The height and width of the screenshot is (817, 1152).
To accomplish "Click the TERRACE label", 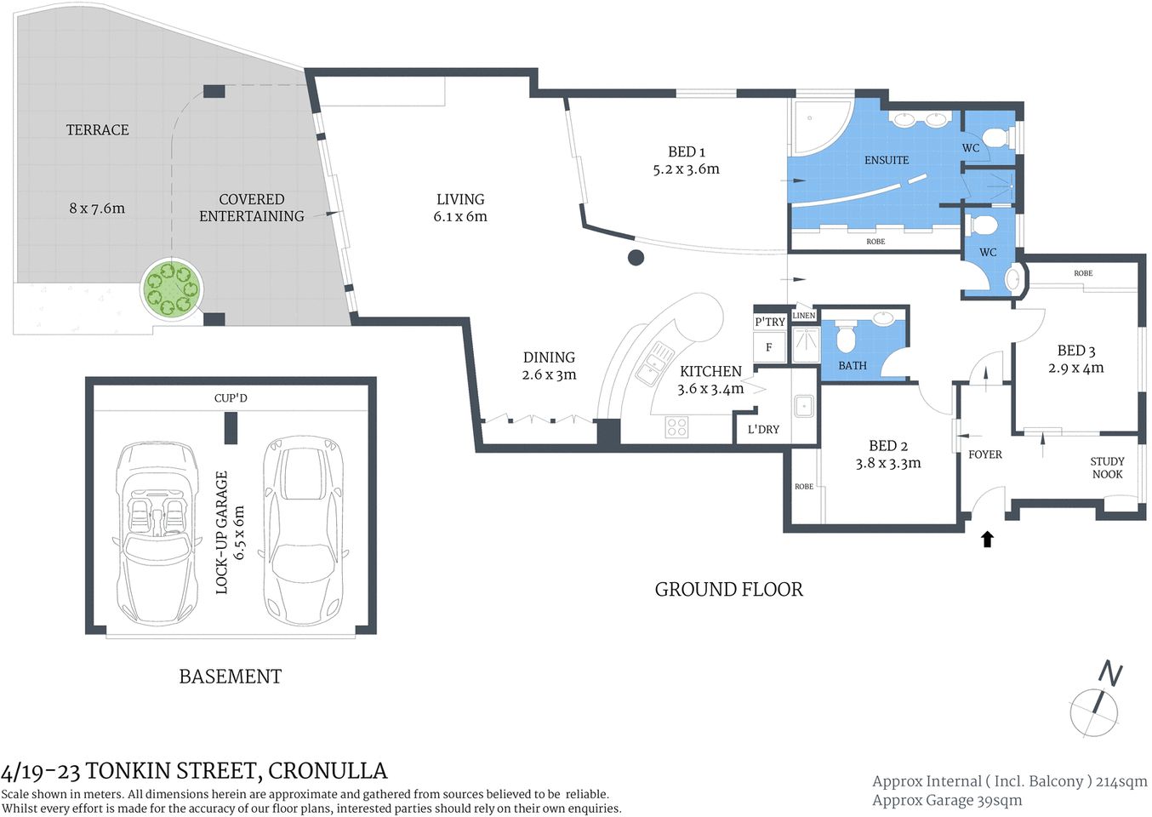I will pyautogui.click(x=98, y=130).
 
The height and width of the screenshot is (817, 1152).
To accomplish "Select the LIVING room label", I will pyautogui.click(x=460, y=199).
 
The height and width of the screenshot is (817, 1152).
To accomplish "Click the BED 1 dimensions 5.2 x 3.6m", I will pyautogui.click(x=686, y=169).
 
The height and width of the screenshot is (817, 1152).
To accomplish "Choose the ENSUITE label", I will pyautogui.click(x=887, y=160).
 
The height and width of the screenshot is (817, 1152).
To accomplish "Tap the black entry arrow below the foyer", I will pyautogui.click(x=987, y=539).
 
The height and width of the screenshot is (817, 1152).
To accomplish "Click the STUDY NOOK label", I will pyautogui.click(x=1107, y=468).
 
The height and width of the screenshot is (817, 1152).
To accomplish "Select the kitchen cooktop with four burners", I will pyautogui.click(x=676, y=426).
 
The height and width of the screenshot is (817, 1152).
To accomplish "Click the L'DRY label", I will pyautogui.click(x=763, y=430).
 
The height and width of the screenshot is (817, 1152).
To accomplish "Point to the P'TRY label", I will pyautogui.click(x=770, y=322).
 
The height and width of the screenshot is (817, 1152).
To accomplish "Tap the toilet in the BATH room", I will pyautogui.click(x=846, y=337).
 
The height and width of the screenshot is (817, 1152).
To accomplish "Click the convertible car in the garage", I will pyautogui.click(x=157, y=532).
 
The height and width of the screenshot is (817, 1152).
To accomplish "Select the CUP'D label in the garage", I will pyautogui.click(x=231, y=398).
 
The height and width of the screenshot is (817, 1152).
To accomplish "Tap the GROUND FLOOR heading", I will pyautogui.click(x=728, y=590).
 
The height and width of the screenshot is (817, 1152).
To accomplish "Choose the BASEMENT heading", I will pyautogui.click(x=230, y=677).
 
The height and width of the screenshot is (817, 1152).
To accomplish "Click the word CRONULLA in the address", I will pyautogui.click(x=328, y=771).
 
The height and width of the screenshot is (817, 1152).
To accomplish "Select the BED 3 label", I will pyautogui.click(x=1075, y=351).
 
